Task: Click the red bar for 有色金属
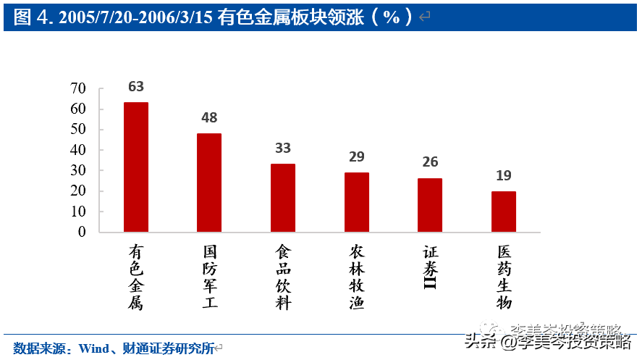pos(136,167)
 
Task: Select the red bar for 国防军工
pos(209,183)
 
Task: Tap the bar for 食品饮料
pos(283,198)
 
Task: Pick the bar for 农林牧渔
pos(357,202)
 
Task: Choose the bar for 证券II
pos(430,205)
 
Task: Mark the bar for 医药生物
pos(504,212)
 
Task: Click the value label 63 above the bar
pos(136,87)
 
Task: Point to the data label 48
pos(209,117)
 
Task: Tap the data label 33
pos(283,148)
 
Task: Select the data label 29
pos(357,156)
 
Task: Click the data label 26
pos(430,162)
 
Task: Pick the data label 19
pos(504,175)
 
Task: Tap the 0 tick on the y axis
pos(82,232)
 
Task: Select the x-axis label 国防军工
pos(210,277)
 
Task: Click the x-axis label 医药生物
pos(504,277)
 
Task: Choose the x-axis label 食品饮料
pos(283,277)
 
